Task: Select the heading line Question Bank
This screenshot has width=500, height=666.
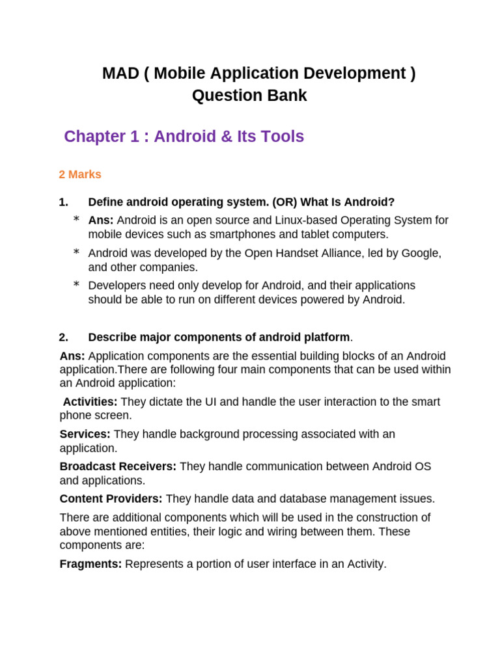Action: (x=249, y=96)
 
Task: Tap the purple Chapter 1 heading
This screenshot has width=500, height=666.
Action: (x=184, y=137)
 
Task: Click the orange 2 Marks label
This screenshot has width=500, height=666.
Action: (x=80, y=174)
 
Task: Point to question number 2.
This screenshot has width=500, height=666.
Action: (x=63, y=337)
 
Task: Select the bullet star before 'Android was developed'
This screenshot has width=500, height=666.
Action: (x=76, y=252)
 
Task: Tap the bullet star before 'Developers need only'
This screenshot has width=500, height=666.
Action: (x=76, y=285)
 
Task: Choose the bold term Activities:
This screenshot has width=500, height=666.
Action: (x=90, y=401)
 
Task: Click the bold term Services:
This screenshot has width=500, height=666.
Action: (x=85, y=434)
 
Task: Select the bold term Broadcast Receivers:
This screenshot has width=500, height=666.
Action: (x=118, y=466)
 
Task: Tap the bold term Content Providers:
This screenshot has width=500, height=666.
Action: (x=111, y=499)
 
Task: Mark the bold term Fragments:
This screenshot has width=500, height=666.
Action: (x=90, y=564)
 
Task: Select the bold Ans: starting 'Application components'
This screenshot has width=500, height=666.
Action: (x=72, y=356)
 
